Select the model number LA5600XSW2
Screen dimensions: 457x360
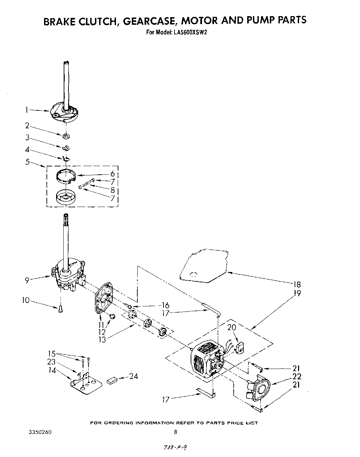[x=190, y=33]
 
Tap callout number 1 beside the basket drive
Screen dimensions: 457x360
[x=26, y=110]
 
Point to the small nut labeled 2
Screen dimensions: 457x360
[x=66, y=137]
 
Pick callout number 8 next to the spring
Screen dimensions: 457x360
[x=112, y=190]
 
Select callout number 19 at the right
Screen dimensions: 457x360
[x=297, y=293]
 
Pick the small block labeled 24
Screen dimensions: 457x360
[x=113, y=380]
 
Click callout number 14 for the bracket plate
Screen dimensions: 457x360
[x=52, y=370]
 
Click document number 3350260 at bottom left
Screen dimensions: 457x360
[x=40, y=432]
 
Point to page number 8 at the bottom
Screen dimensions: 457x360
[x=176, y=432]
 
